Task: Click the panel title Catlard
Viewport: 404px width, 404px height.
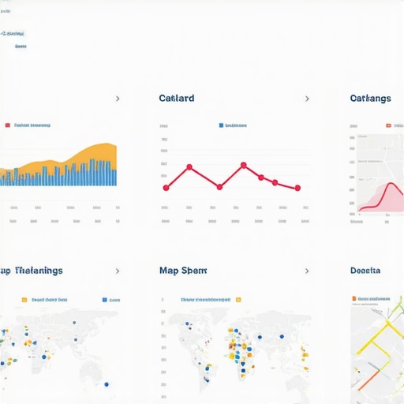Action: pos(176,99)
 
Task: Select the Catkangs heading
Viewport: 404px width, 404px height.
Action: pos(370,99)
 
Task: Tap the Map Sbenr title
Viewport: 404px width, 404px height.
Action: pos(183,271)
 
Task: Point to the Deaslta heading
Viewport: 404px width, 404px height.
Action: pos(365,271)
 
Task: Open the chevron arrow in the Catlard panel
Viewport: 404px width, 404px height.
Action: pos(307,99)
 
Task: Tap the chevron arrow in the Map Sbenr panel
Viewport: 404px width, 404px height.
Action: pos(307,271)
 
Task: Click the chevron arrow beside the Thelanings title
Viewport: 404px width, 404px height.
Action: pos(118,271)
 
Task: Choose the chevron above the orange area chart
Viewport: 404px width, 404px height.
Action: pos(118,99)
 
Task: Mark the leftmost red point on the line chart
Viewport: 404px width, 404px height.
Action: pos(166,188)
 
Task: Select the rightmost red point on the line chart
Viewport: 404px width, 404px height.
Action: pos(297,188)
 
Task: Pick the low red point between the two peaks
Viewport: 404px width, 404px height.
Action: pos(219,187)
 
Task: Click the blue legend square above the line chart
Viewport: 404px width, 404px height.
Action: pos(220,125)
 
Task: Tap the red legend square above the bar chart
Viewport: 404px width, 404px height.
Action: pos(7,125)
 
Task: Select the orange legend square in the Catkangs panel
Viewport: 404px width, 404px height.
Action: pos(388,125)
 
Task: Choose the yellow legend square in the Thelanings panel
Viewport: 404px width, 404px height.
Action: pos(24,300)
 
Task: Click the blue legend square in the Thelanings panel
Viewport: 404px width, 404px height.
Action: pos(104,300)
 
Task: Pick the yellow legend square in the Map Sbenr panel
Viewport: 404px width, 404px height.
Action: pos(238,300)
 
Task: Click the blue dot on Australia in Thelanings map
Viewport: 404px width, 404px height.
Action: pos(106,384)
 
